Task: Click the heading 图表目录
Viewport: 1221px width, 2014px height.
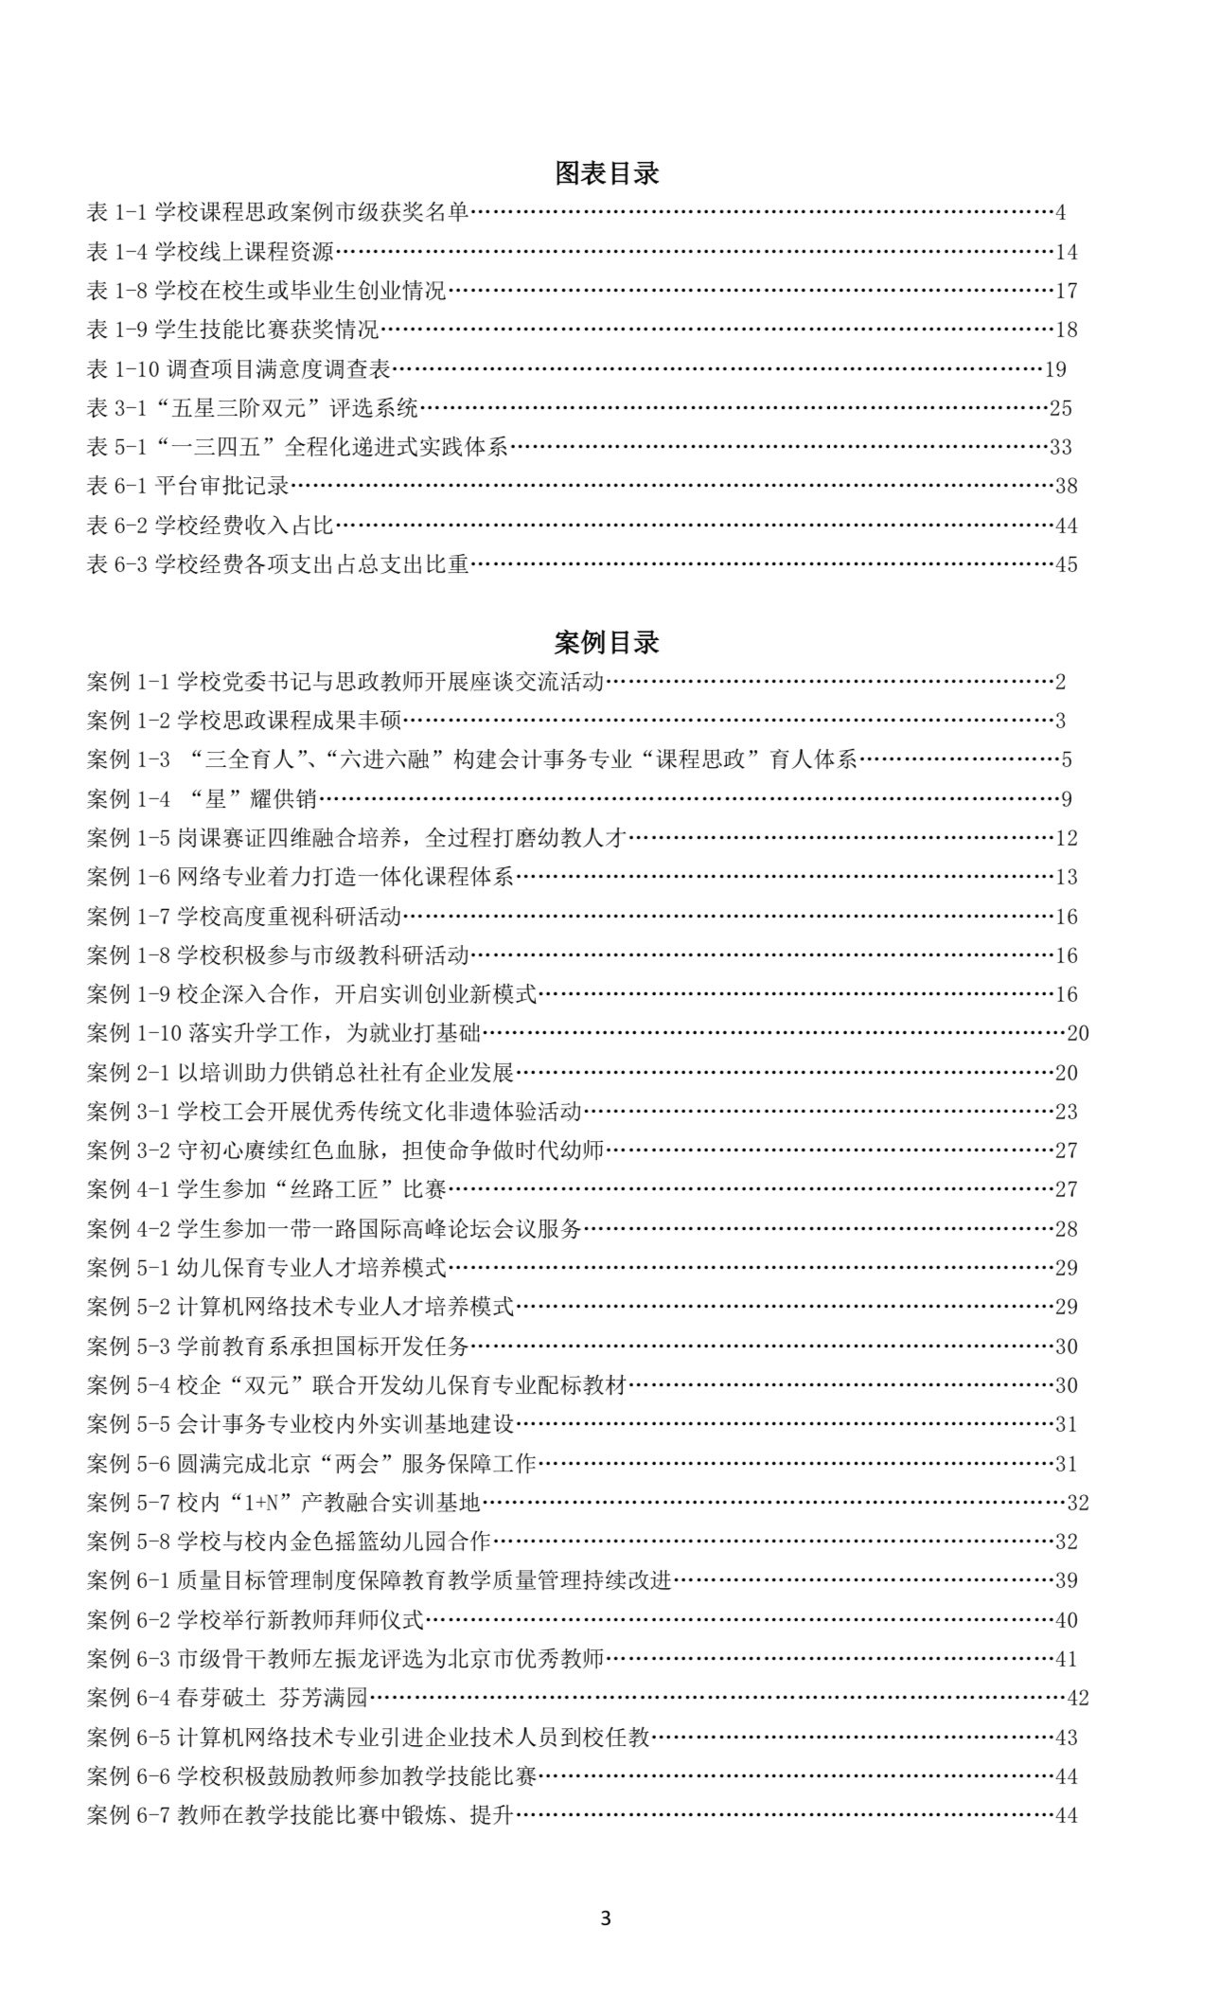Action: pos(606,173)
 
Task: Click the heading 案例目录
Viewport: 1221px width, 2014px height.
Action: pos(606,643)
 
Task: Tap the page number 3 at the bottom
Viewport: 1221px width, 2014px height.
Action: pos(606,1919)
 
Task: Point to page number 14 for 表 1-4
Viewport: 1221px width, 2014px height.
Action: pos(1066,252)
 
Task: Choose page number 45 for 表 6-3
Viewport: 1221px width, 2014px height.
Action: pos(1066,565)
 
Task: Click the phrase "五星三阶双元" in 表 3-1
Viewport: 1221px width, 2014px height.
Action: pos(242,409)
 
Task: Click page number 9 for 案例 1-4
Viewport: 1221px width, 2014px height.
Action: pos(1066,799)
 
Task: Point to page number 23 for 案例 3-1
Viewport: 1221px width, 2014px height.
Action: pos(1066,1112)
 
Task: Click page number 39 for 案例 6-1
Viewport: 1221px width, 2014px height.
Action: pos(1066,1580)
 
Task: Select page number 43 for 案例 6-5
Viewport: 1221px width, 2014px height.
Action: pos(1066,1738)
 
